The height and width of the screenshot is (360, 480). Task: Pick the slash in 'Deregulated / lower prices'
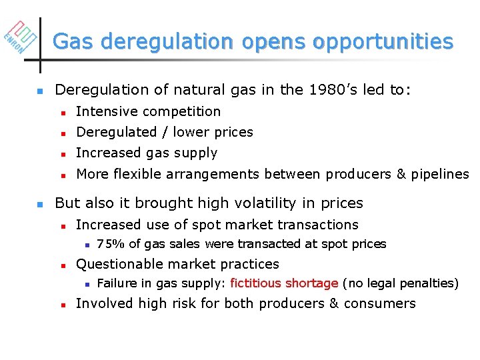tap(166, 132)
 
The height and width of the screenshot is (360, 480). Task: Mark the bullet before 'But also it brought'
tap(40, 204)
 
